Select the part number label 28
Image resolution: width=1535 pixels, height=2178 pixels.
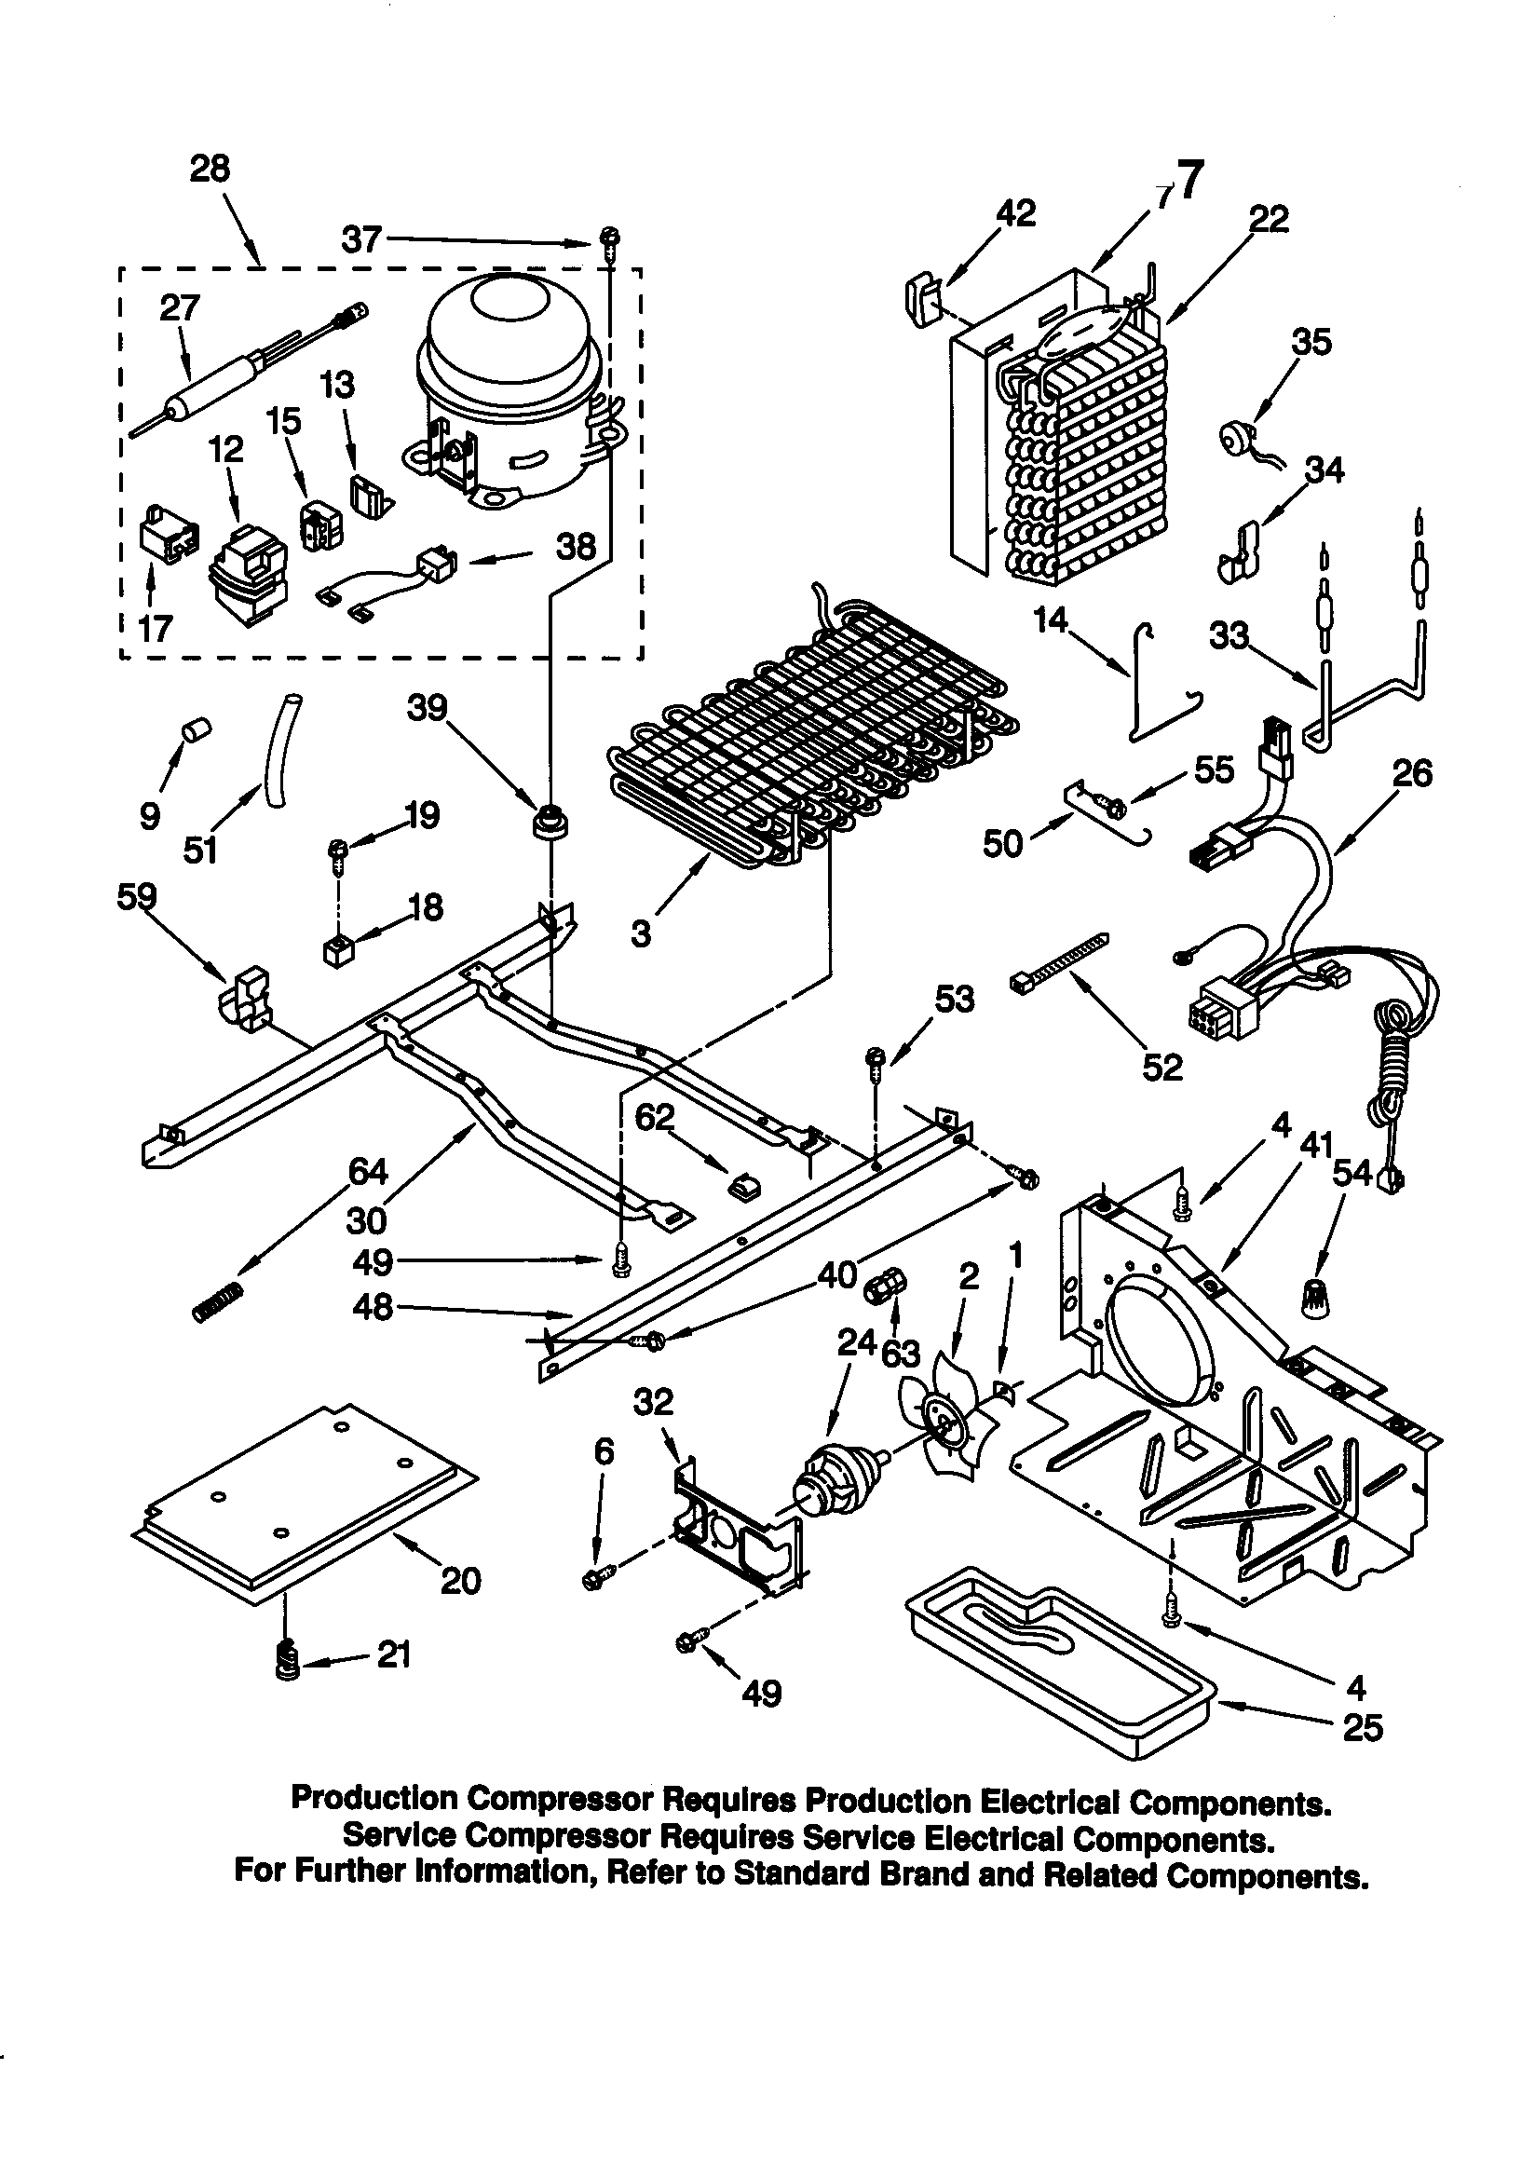(x=210, y=169)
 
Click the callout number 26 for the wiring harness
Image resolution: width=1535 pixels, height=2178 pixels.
(x=1411, y=773)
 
